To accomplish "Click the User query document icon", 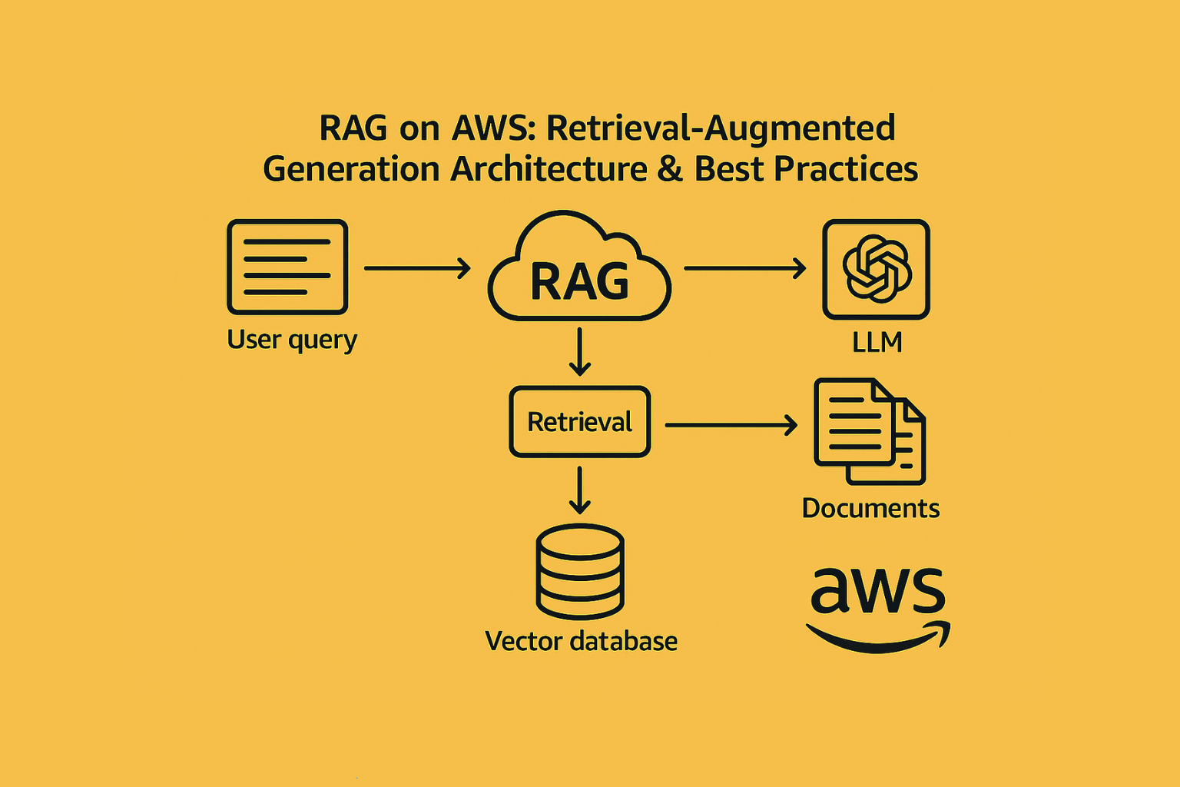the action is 287,267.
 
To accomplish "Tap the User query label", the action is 292,340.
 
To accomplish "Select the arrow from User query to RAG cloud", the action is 417,268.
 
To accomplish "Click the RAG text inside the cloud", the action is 579,281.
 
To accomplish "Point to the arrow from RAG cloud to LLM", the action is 745,268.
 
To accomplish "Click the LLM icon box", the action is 876,269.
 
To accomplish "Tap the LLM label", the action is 877,343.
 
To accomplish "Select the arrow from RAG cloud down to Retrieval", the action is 579,351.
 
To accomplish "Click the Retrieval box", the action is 579,422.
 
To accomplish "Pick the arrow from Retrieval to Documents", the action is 731,425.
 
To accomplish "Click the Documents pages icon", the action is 870,431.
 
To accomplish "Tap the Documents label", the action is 870,509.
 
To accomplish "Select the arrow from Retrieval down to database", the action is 579,490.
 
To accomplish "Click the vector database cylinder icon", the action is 580,571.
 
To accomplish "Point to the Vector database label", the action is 581,642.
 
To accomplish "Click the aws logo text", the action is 877,591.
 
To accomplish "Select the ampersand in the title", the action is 670,168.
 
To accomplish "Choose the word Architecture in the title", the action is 549,168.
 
